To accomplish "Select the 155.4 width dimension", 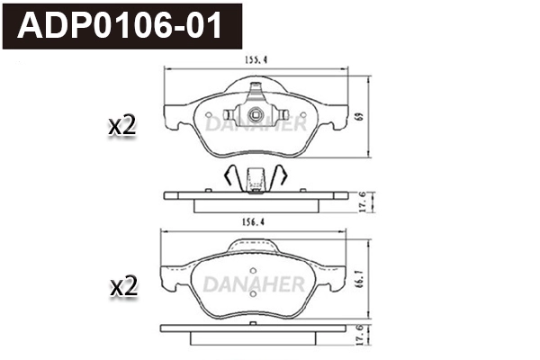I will [256, 61].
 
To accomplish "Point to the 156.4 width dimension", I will [255, 220].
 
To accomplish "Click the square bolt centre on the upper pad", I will [256, 114].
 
